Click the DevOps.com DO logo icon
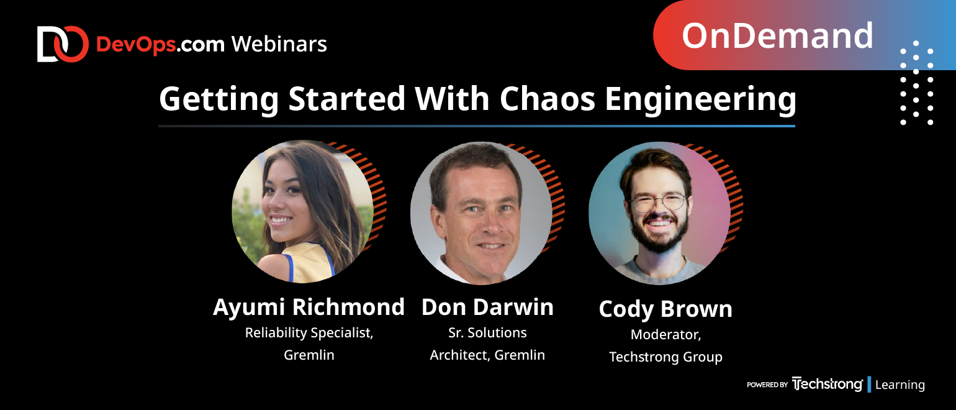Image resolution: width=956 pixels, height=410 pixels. click(x=63, y=44)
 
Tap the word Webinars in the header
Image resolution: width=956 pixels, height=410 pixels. click(x=279, y=44)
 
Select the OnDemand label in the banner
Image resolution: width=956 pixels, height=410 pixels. click(x=777, y=35)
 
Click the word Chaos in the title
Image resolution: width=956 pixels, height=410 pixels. click(x=547, y=99)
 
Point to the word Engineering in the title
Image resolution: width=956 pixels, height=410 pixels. click(x=700, y=101)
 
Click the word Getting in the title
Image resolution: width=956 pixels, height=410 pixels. click(x=219, y=101)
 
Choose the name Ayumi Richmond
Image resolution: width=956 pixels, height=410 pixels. click(x=309, y=307)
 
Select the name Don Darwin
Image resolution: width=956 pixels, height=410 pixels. click(x=487, y=307)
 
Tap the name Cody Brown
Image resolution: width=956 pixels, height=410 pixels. click(x=665, y=309)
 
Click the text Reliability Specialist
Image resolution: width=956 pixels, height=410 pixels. click(x=309, y=333)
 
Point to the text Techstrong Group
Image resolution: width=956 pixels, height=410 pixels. click(x=665, y=357)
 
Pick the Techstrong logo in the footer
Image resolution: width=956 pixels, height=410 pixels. click(x=827, y=384)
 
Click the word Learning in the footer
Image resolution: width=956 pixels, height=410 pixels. click(x=900, y=385)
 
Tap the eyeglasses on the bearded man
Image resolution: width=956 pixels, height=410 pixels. click(x=659, y=203)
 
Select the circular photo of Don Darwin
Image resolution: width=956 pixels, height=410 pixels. click(x=481, y=213)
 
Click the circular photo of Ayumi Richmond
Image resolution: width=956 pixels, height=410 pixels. click(x=302, y=212)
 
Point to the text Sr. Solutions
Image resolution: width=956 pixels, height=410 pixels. click(x=487, y=333)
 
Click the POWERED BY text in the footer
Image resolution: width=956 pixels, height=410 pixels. click(x=767, y=385)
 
